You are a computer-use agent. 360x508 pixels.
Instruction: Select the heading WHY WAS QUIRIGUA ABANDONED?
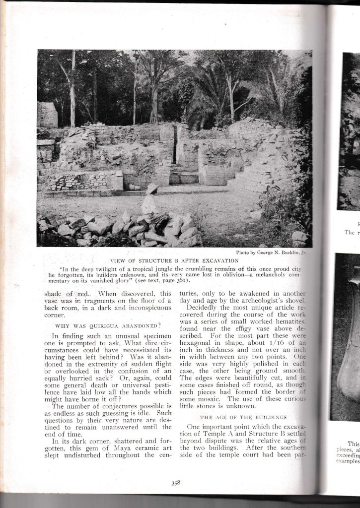tap(108, 325)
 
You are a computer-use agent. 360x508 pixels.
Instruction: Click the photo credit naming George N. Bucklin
tap(271, 253)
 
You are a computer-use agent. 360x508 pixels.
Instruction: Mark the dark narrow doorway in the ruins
tap(175, 144)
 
